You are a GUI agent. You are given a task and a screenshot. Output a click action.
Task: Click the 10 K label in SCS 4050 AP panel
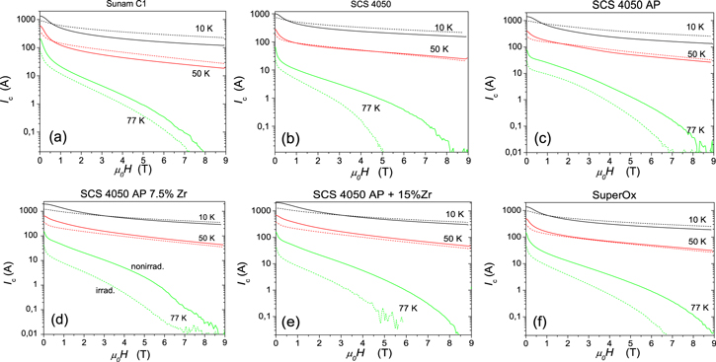(691, 30)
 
